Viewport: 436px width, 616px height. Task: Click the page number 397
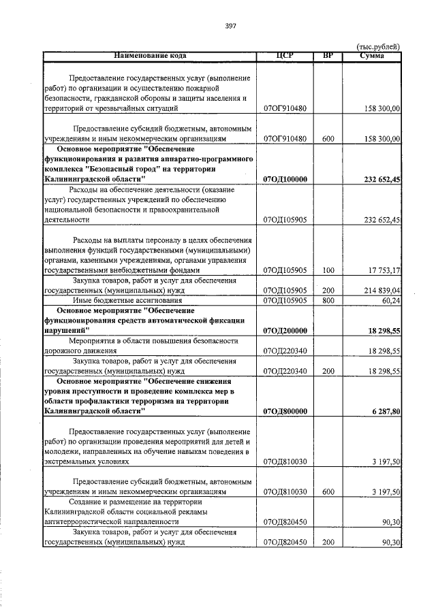[x=230, y=26]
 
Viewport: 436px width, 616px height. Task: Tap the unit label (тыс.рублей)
[x=378, y=46]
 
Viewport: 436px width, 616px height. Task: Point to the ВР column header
[x=328, y=55]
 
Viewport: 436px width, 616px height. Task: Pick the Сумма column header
[x=372, y=55]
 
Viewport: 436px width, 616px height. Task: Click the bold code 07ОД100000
[x=286, y=179]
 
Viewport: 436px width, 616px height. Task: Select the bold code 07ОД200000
[x=286, y=331]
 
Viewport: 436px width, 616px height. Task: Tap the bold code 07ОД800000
[x=286, y=411]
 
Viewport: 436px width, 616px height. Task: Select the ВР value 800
[x=328, y=300]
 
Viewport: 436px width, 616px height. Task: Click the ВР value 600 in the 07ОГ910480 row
[x=328, y=139]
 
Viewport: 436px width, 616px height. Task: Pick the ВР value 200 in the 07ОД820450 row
[x=328, y=542]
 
